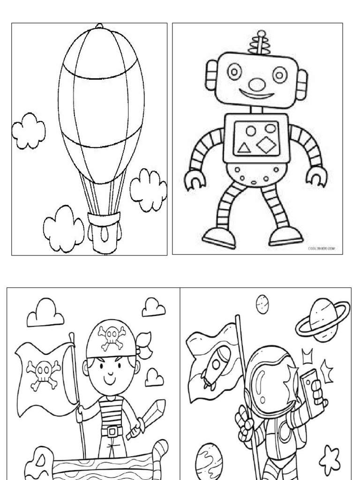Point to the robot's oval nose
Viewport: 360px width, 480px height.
[256, 84]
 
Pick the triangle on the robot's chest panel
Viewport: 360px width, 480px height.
[244, 148]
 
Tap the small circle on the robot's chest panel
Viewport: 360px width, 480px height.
[251, 130]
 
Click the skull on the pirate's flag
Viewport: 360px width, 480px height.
[43, 373]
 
